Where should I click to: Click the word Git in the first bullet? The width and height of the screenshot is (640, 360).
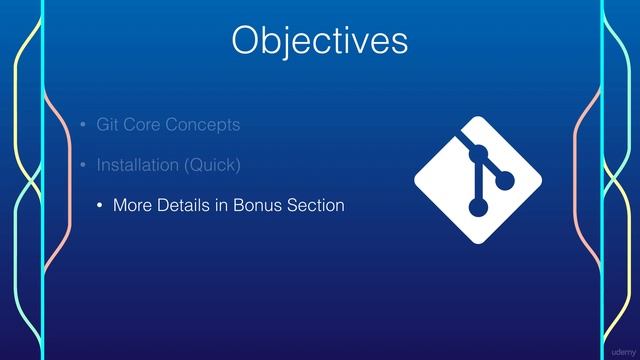pos(107,125)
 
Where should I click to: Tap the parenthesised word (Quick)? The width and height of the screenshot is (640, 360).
pos(214,163)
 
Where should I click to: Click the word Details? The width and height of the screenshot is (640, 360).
pos(186,205)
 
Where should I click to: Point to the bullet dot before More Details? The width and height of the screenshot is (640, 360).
pos(99,206)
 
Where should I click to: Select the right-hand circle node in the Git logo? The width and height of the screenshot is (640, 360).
pos(504,180)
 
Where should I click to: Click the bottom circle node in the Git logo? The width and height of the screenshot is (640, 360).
pos(479,207)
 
